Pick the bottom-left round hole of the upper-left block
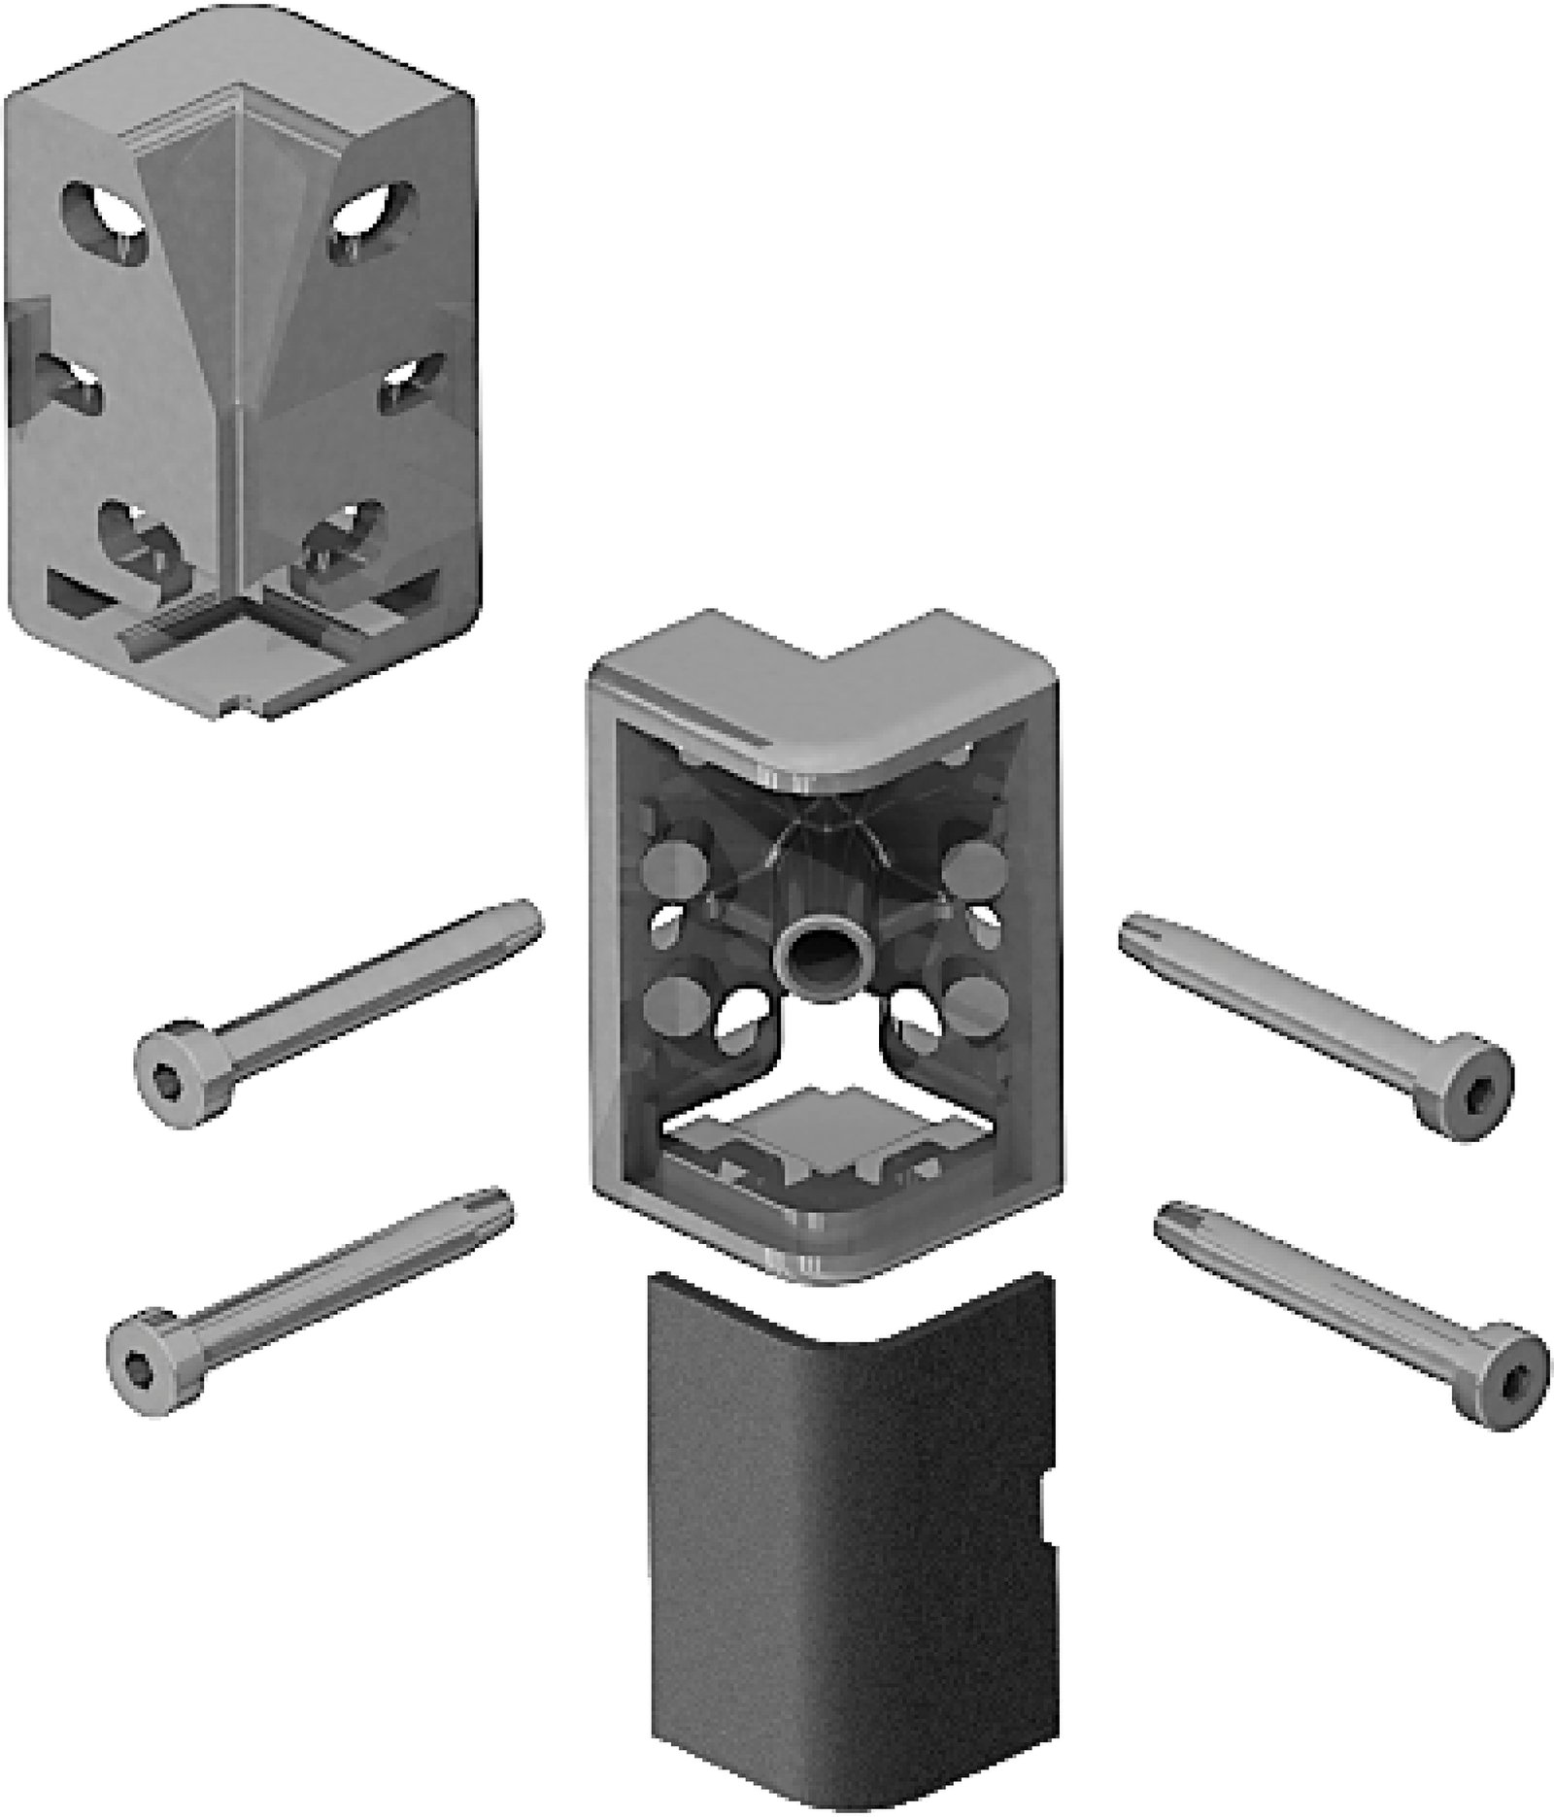(136, 539)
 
